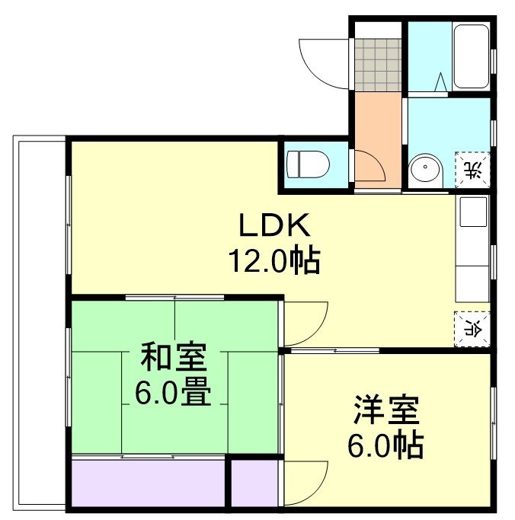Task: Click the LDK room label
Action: pyautogui.click(x=275, y=226)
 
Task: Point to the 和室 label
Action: pyautogui.click(x=174, y=357)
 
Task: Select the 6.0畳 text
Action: pyautogui.click(x=174, y=392)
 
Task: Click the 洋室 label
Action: pyautogui.click(x=387, y=412)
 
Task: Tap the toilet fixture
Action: pyautogui.click(x=309, y=164)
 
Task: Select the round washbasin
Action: pyautogui.click(x=424, y=169)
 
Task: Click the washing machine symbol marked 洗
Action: pyautogui.click(x=473, y=167)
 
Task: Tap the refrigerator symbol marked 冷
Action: pyautogui.click(x=472, y=327)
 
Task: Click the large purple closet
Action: pyautogui.click(x=149, y=481)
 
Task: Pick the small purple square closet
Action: pyautogui.click(x=254, y=481)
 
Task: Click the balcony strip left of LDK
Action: pyautogui.click(x=40, y=320)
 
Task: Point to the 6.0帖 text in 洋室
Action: pyautogui.click(x=387, y=446)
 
